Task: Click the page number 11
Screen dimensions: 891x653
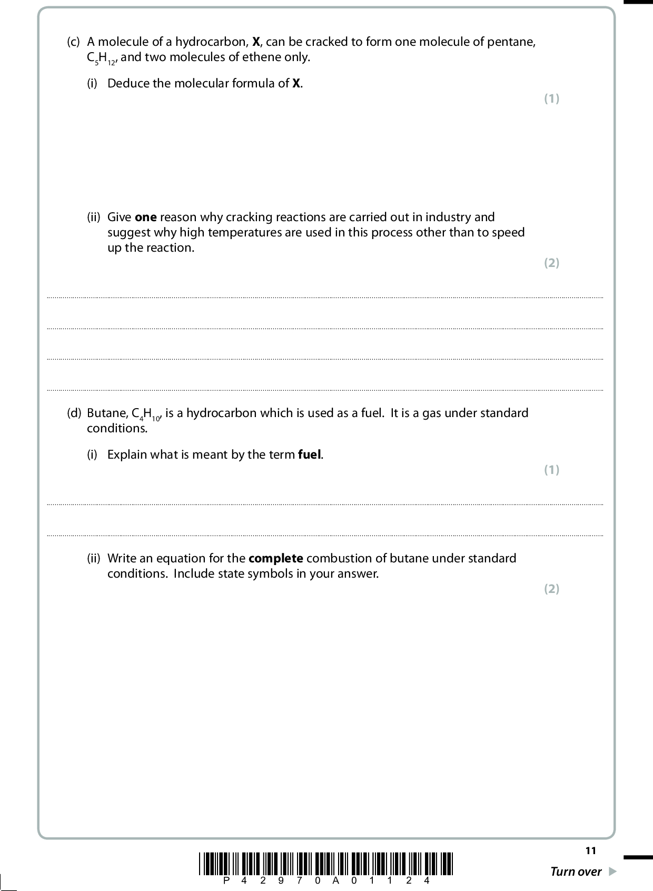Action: coord(590,851)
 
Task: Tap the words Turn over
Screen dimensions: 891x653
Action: coord(575,872)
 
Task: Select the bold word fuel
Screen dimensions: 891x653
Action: coord(310,454)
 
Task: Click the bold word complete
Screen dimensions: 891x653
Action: coord(275,558)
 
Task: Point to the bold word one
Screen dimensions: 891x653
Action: coord(146,217)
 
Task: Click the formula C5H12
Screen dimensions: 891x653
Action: coord(101,58)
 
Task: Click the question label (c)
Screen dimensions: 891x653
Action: coord(73,42)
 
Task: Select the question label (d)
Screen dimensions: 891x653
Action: coord(74,413)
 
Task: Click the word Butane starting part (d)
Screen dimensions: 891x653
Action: coord(107,413)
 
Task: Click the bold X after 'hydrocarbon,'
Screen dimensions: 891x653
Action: coord(256,42)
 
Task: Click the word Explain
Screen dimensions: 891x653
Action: coord(127,454)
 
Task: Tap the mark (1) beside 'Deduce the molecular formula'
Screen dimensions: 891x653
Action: coord(551,98)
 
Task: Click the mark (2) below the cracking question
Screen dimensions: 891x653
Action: coord(551,263)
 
